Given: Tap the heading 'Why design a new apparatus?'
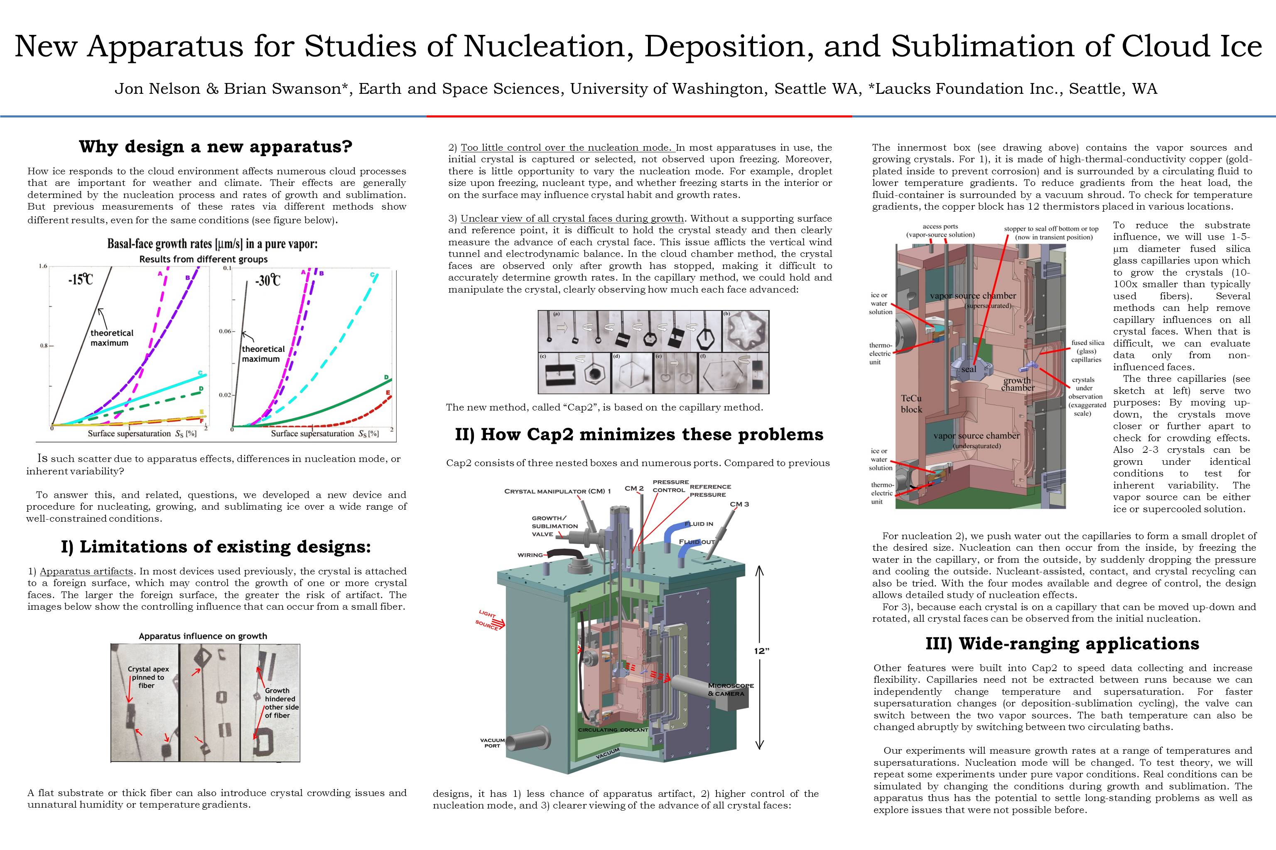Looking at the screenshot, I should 216,147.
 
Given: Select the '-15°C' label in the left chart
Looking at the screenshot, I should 80,280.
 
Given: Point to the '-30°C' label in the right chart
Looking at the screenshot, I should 268,281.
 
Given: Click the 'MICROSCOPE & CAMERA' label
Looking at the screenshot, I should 730,689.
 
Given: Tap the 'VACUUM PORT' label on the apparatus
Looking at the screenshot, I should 492,743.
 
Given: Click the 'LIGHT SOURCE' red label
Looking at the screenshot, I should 487,619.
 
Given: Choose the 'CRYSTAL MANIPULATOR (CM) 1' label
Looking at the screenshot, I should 557,491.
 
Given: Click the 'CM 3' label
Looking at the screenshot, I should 739,504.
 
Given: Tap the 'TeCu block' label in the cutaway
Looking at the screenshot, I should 911,404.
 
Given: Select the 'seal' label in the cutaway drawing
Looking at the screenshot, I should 968,369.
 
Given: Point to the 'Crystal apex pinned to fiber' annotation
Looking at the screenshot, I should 148,677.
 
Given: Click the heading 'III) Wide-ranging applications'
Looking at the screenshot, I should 1062,643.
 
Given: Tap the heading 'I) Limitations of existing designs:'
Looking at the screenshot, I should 216,547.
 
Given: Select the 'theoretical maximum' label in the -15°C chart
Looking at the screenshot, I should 111,338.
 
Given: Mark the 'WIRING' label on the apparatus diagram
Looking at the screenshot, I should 530,554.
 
